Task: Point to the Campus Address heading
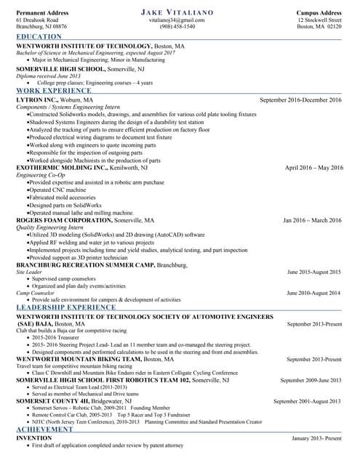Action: pyautogui.click(x=319, y=13)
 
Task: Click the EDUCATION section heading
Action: pyautogui.click(x=39, y=36)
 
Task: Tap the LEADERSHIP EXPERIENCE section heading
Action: pyautogui.click(x=65, y=308)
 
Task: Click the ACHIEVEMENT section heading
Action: pyautogui.click(x=44, y=431)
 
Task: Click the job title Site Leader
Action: pyautogui.click(x=29, y=272)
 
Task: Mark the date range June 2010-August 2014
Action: pyautogui.click(x=313, y=293)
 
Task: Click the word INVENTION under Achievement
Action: pyautogui.click(x=33, y=439)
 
